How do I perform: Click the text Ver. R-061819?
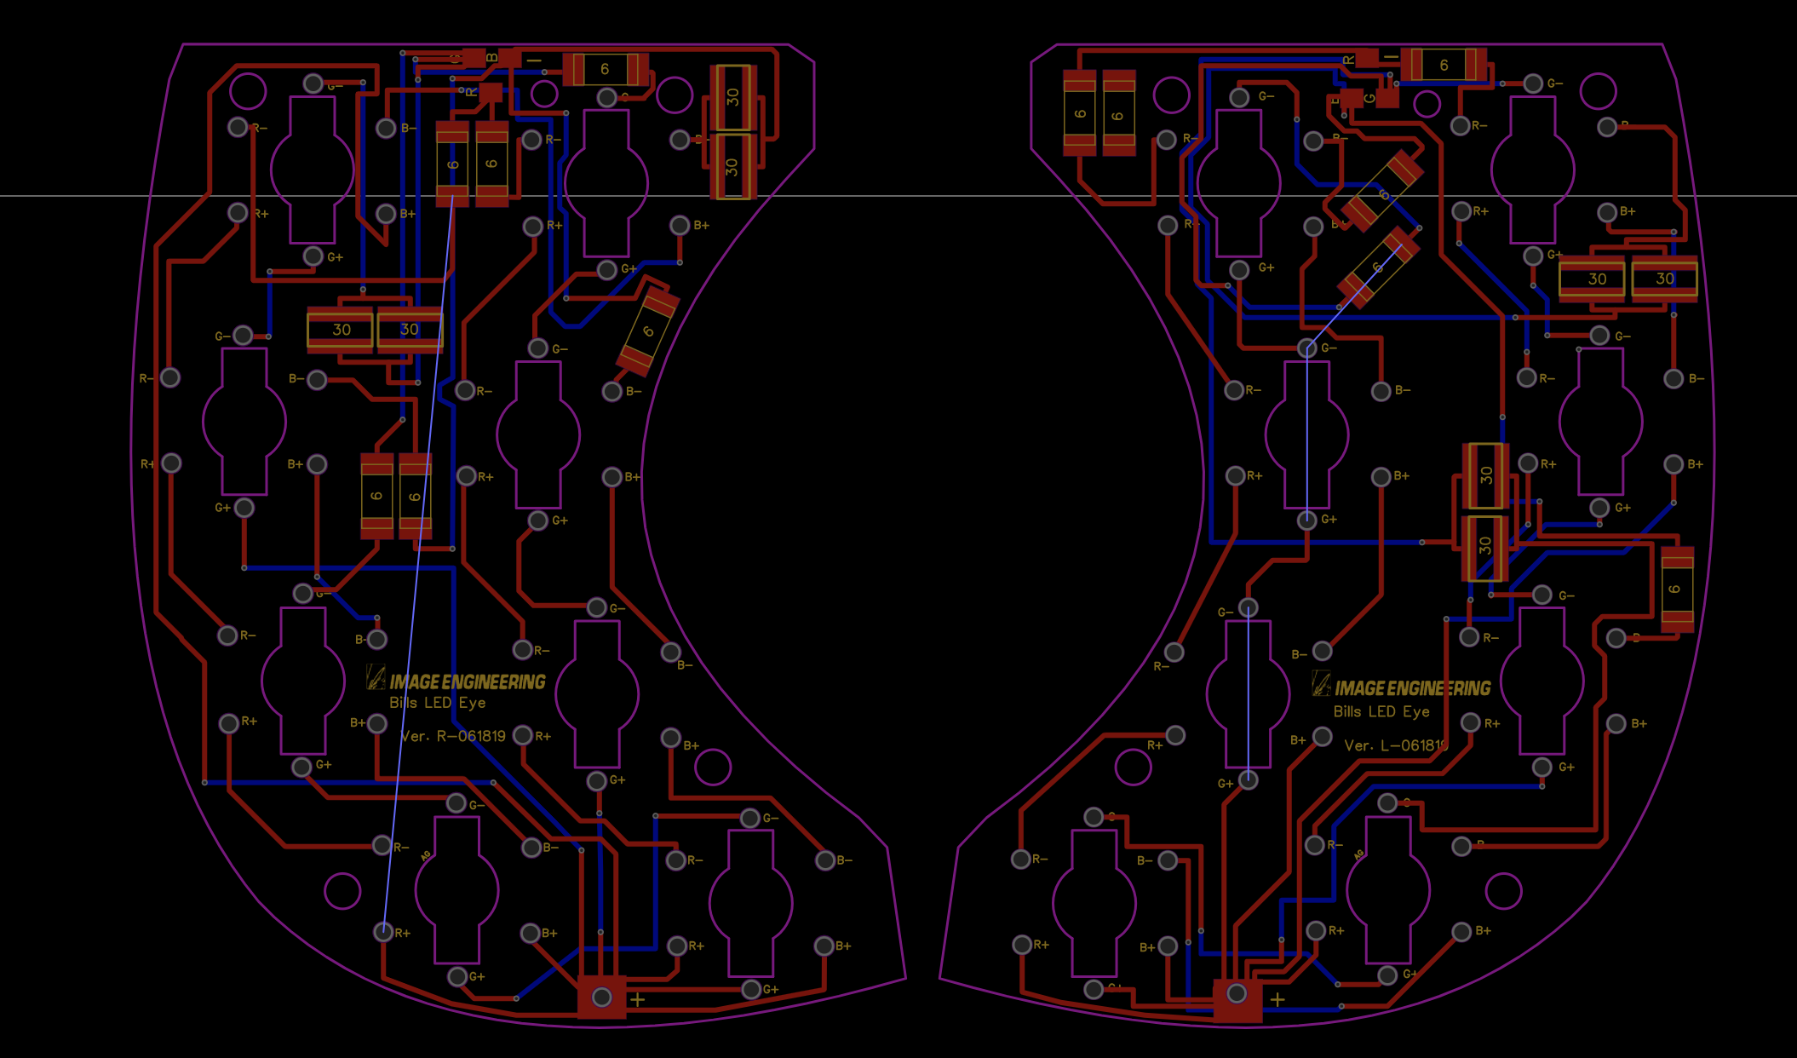click(x=452, y=736)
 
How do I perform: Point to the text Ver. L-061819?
click(x=1395, y=745)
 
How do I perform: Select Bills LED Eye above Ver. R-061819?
click(x=437, y=703)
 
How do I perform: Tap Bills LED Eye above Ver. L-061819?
click(x=1381, y=711)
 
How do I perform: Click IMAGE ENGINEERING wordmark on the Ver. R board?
click(x=468, y=681)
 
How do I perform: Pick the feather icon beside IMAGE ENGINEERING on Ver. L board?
click(x=1321, y=683)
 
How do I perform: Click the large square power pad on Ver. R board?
click(x=601, y=997)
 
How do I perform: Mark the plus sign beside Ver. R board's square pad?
click(x=638, y=999)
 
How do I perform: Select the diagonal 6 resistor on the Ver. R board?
click(x=648, y=331)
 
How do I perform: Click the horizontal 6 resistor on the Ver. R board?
click(x=605, y=69)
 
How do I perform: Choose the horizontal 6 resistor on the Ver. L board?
click(x=1444, y=65)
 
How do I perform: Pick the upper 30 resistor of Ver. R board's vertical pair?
click(x=732, y=97)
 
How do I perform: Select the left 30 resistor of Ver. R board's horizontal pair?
click(x=341, y=330)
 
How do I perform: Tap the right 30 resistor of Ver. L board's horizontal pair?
click(x=1664, y=279)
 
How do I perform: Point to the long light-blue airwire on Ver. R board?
click(x=417, y=562)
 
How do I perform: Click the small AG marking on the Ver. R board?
click(x=426, y=855)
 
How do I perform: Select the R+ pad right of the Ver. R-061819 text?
click(x=523, y=735)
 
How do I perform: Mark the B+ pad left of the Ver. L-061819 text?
click(x=1322, y=737)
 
